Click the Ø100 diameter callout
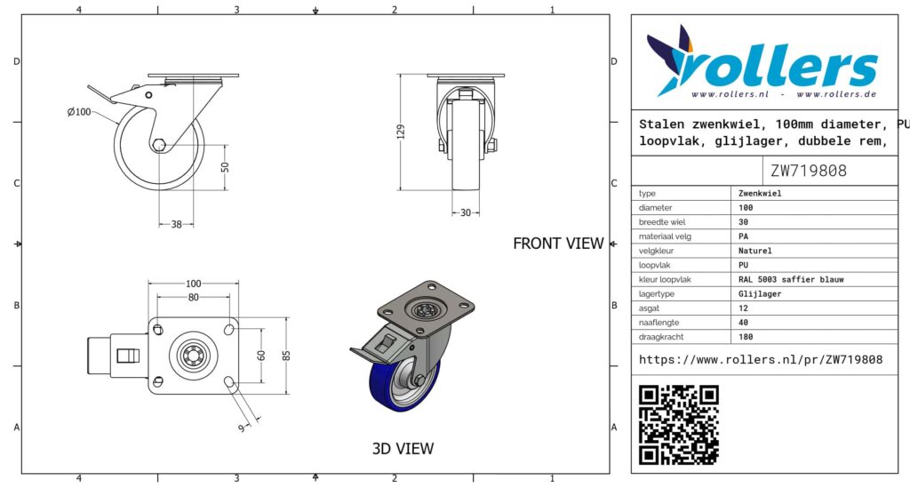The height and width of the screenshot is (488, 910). click(79, 111)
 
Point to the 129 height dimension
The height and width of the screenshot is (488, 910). click(401, 132)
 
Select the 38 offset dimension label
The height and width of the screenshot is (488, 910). click(177, 224)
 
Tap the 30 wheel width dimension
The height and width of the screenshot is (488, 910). click(466, 213)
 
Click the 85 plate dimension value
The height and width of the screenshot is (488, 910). click(286, 356)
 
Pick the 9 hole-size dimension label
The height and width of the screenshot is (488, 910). click(242, 428)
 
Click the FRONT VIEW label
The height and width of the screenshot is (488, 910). click(558, 244)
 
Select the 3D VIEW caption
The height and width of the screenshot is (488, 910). click(403, 449)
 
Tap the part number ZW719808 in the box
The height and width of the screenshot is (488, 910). click(809, 171)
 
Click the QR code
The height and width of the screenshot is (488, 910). click(679, 425)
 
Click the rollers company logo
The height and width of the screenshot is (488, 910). click(762, 63)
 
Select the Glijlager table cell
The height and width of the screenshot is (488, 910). click(760, 293)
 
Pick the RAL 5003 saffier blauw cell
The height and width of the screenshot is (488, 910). click(791, 279)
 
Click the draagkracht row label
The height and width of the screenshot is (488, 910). click(661, 337)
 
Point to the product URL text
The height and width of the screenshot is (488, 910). click(761, 360)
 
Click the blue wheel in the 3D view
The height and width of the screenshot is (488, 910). click(401, 386)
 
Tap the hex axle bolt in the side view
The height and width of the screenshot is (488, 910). click(158, 145)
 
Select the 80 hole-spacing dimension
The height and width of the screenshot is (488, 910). click(193, 297)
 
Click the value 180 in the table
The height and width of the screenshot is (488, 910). click(746, 337)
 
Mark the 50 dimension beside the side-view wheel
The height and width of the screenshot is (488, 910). click(225, 167)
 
